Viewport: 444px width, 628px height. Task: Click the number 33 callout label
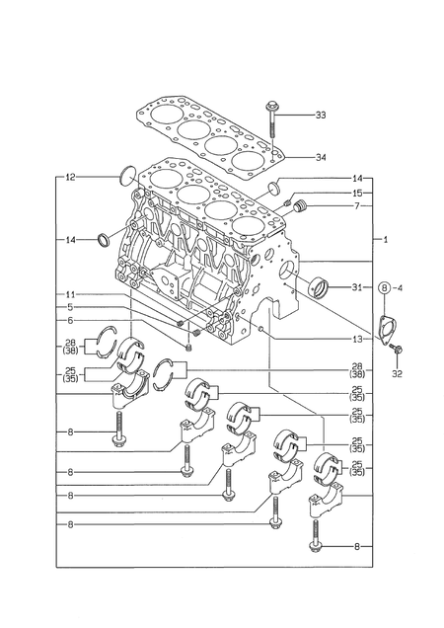(x=320, y=117)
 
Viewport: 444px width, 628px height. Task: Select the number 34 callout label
(x=320, y=157)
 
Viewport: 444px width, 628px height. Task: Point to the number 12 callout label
(x=71, y=178)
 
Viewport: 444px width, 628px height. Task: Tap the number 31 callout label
(x=357, y=287)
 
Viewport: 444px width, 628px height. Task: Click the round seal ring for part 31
(x=321, y=288)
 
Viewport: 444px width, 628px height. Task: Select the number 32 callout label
(x=397, y=374)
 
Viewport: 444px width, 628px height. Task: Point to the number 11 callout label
(x=71, y=294)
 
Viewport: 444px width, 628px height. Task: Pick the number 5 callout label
(x=71, y=307)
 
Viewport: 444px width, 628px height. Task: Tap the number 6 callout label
(x=71, y=321)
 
